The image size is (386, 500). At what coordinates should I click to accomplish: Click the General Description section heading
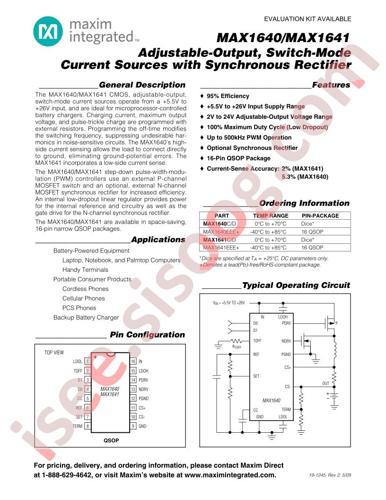(x=142, y=85)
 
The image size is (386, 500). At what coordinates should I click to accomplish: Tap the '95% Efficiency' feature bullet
(x=228, y=96)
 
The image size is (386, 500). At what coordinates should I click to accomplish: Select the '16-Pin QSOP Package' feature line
(x=238, y=158)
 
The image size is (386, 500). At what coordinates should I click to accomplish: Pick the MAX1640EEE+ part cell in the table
(x=221, y=232)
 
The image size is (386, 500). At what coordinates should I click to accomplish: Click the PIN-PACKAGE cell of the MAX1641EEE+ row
(x=312, y=248)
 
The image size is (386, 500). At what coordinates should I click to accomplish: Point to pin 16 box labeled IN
(x=134, y=361)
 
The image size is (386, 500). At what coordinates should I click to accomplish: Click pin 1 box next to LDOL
(x=88, y=361)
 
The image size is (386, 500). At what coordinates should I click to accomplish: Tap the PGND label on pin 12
(x=143, y=399)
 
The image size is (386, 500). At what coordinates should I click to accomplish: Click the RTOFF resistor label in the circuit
(x=237, y=347)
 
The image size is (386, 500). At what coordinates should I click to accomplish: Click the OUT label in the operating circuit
(x=325, y=384)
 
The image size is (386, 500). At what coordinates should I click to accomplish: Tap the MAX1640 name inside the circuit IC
(x=272, y=401)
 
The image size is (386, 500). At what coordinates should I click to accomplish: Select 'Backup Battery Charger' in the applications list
(x=86, y=317)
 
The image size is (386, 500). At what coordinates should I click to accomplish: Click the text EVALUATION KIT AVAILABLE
(x=307, y=19)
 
